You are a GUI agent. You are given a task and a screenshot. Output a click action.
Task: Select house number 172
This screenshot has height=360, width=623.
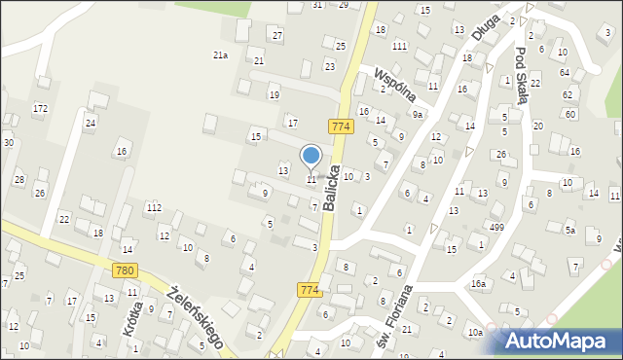40,107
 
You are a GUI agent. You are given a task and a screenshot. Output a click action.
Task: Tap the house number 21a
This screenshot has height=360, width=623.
221,55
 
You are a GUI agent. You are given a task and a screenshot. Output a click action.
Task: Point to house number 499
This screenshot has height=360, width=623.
496,227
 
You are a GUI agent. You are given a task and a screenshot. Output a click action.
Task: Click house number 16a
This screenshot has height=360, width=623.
478,283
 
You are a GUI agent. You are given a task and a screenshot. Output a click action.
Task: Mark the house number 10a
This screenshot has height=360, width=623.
474,333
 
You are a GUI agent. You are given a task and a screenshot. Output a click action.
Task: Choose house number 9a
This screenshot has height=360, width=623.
418,115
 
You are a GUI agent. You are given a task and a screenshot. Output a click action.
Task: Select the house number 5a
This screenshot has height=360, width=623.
570,231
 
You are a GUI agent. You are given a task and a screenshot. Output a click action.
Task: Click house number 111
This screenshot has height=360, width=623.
399,47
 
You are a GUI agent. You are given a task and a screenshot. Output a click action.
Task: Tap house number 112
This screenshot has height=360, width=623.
154,208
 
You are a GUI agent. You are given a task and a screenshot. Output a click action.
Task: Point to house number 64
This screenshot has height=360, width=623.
565,73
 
